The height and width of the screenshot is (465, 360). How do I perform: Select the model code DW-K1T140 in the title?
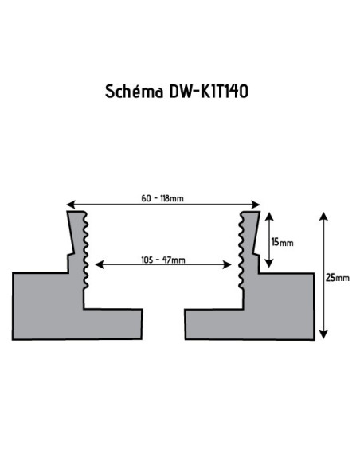pyautogui.click(x=208, y=92)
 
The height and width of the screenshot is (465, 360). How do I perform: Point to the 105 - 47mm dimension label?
pyautogui.click(x=163, y=260)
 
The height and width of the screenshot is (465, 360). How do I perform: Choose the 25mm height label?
pyautogui.click(x=337, y=277)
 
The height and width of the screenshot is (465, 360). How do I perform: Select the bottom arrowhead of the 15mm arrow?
pyautogui.click(x=270, y=265)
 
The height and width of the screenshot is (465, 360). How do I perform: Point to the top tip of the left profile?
pyautogui.click(x=76, y=213)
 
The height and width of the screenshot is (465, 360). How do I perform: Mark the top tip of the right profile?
pyautogui.click(x=251, y=213)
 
